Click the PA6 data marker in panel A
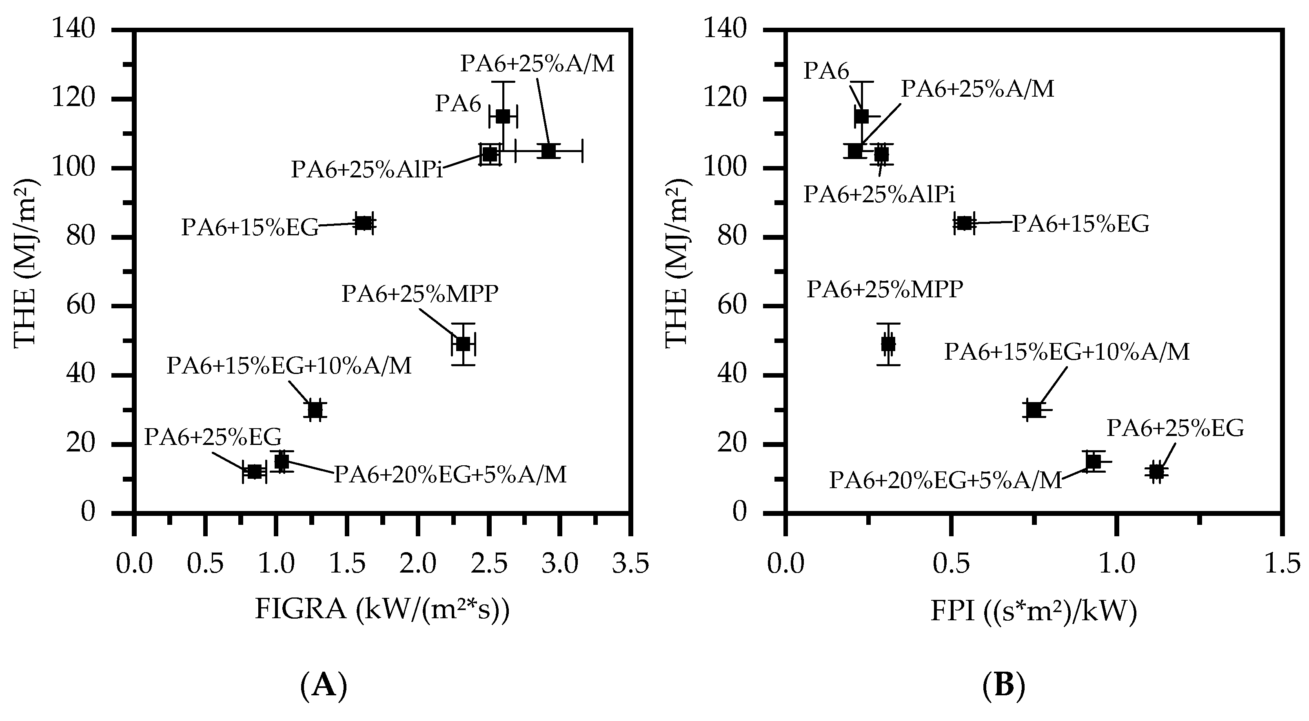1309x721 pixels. coord(503,116)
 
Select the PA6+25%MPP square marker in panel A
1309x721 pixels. coord(462,344)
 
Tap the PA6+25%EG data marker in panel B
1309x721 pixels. coord(1156,472)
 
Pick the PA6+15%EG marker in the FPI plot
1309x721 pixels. coord(964,223)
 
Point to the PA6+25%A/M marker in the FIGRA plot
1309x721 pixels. coord(548,151)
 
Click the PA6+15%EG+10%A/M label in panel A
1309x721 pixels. coord(289,365)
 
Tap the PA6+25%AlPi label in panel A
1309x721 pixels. coord(366,169)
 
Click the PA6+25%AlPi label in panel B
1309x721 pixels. coord(879,194)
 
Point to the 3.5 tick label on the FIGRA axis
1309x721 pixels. coord(630,564)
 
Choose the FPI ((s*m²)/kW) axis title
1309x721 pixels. coord(1034,611)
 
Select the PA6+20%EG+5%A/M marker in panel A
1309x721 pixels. coord(282,462)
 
